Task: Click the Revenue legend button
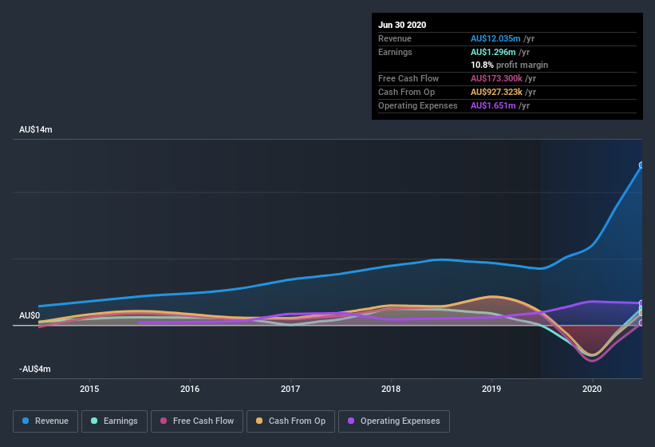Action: click(45, 421)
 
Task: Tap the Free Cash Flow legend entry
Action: click(196, 421)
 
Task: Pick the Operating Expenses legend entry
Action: click(393, 421)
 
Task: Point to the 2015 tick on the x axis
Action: click(89, 390)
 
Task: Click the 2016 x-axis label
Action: click(190, 390)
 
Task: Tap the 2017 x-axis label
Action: click(290, 390)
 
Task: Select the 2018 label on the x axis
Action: click(391, 390)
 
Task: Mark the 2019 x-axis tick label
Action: click(491, 390)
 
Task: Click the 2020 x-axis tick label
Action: click(592, 390)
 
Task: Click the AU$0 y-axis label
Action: click(30, 315)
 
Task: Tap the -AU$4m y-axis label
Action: click(36, 369)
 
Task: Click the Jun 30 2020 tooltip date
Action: click(402, 25)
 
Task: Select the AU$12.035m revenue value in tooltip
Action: click(495, 38)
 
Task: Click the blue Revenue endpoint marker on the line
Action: click(641, 166)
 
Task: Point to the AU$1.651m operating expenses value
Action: click(492, 105)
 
